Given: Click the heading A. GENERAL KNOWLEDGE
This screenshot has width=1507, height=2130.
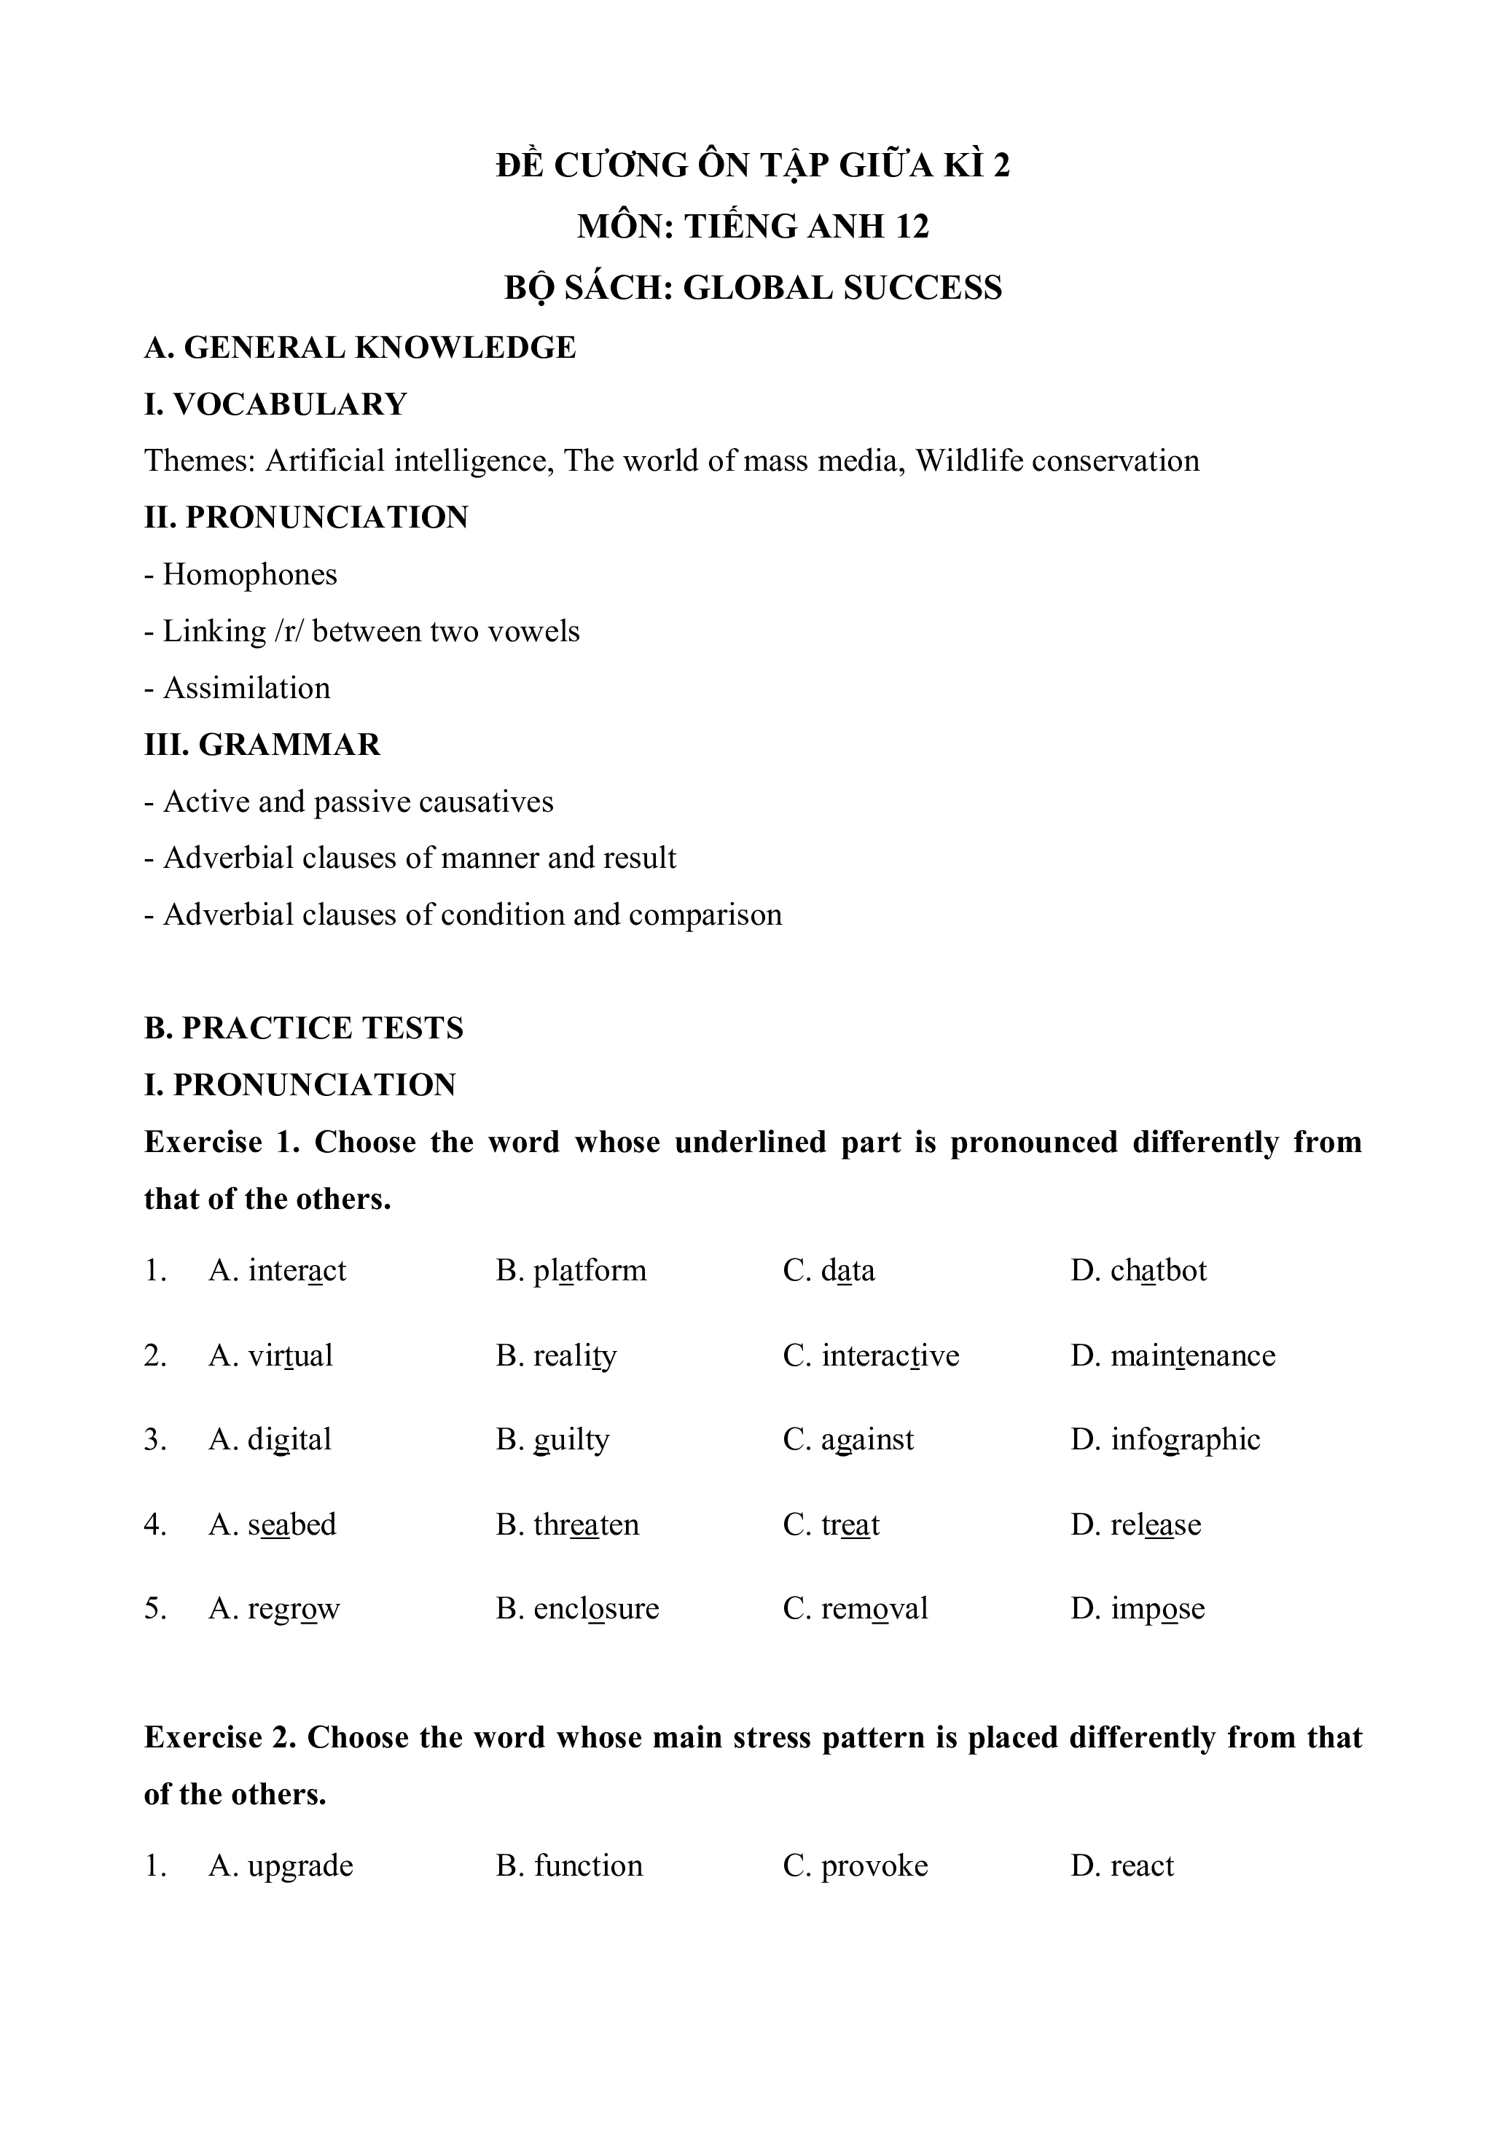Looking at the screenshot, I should tap(360, 348).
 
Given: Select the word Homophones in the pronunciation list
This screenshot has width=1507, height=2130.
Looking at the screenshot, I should tap(250, 575).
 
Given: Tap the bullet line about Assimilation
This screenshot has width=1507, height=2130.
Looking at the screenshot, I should tap(238, 689).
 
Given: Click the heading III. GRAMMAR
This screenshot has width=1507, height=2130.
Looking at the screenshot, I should tap(262, 745).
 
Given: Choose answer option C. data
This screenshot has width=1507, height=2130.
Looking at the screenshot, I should tap(829, 1270).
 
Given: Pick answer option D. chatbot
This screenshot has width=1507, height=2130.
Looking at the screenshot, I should tap(1138, 1270).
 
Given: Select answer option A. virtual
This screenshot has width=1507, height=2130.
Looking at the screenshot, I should tap(270, 1355).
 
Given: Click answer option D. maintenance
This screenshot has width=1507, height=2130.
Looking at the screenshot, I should tap(1173, 1355).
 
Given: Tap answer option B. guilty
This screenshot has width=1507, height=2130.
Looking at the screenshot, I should tap(552, 1440).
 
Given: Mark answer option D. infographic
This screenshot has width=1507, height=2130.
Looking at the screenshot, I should tap(1165, 1440).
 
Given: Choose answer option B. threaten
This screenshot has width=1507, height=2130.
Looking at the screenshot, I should tap(567, 1525).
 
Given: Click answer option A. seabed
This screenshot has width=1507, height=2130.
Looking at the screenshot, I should tap(272, 1525).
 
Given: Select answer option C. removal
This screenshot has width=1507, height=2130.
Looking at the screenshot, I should tap(855, 1609).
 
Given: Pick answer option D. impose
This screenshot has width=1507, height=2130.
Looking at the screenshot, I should tap(1138, 1609).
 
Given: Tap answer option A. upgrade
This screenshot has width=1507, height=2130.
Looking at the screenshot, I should tap(281, 1865).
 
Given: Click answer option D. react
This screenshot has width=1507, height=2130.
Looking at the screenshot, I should tap(1122, 1865).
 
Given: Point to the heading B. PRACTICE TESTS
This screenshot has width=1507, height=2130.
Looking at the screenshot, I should tap(303, 1029).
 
